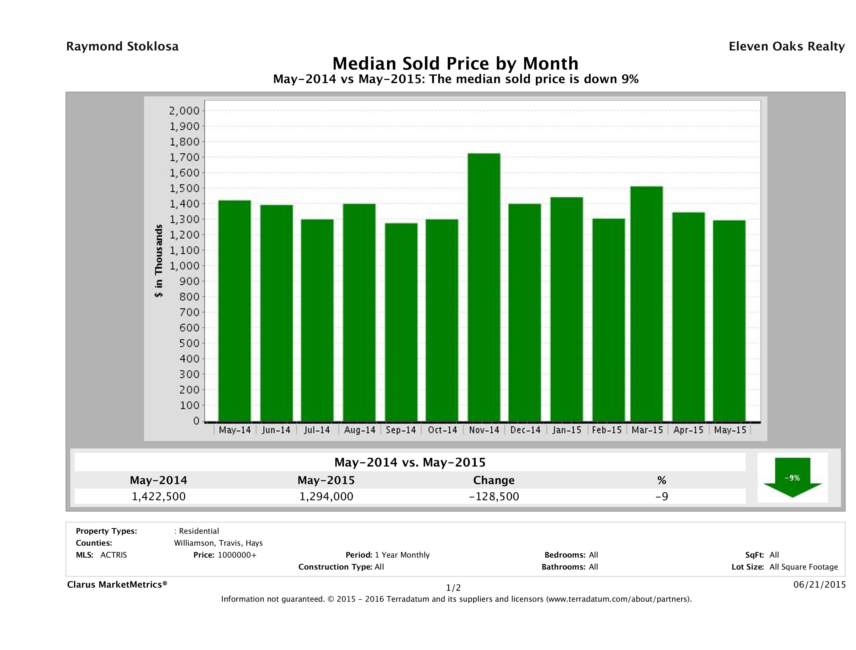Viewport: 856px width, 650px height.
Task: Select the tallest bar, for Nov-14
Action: coord(484,287)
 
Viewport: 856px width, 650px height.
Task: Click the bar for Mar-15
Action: coord(647,304)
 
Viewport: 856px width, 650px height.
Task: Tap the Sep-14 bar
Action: coord(401,322)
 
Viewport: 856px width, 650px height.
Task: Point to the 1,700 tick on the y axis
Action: coord(185,157)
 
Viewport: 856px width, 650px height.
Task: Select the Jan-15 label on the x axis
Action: coord(567,430)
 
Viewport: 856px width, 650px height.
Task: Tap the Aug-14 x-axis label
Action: coord(359,430)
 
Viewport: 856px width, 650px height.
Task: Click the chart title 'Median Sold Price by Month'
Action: coord(455,63)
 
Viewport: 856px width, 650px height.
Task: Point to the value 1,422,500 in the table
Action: coord(159,496)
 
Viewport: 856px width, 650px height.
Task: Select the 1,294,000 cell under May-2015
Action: coord(326,496)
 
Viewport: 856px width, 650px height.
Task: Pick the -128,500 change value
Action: coord(494,496)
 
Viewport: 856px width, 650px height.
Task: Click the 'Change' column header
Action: coord(494,480)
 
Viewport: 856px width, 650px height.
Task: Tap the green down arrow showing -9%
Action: coord(792,478)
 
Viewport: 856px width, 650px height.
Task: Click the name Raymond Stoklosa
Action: coord(122,46)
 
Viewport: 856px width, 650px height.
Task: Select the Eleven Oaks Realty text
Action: coord(786,46)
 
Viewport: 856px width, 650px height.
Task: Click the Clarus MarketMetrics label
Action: coord(117,584)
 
